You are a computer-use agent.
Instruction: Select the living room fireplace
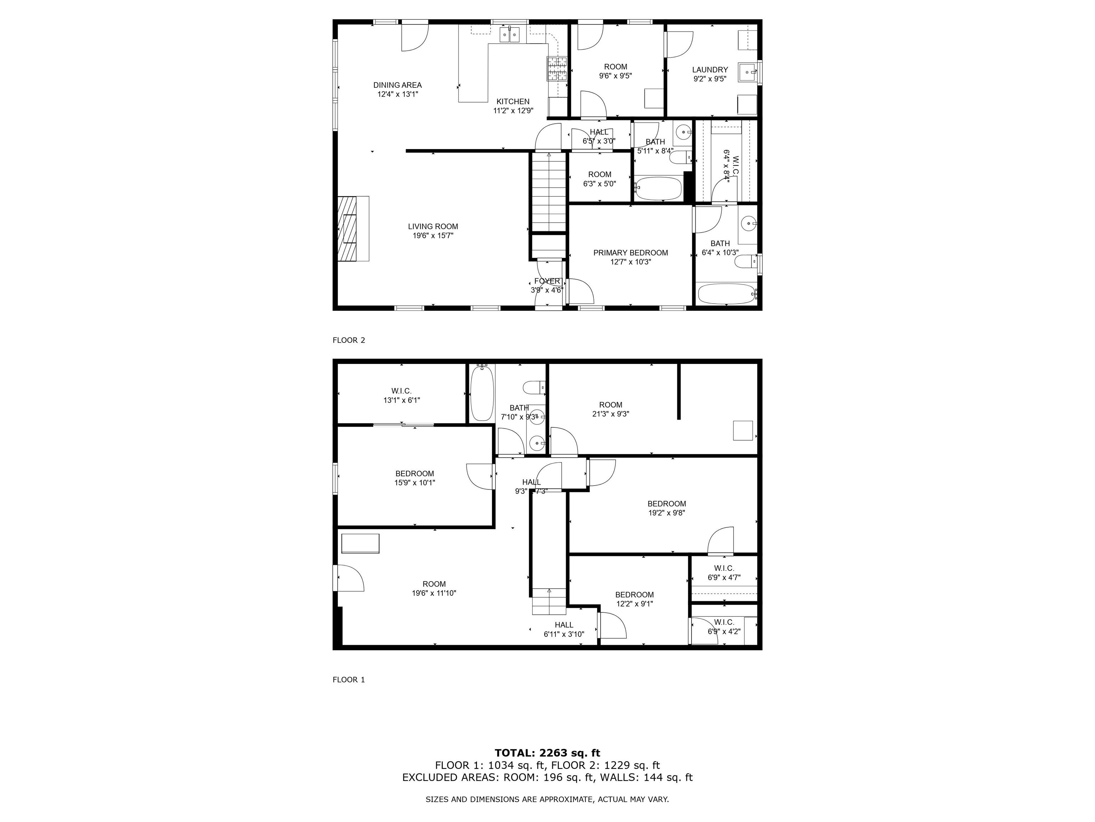(348, 228)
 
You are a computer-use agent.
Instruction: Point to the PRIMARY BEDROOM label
(631, 253)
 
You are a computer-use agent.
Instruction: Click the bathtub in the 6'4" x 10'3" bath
(726, 294)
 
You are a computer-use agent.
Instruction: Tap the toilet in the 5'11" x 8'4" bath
(679, 158)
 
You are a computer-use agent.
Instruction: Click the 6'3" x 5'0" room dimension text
(600, 184)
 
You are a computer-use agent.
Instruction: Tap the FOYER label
(547, 281)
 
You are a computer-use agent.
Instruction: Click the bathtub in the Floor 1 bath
(482, 393)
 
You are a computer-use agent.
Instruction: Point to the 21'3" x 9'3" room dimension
(610, 414)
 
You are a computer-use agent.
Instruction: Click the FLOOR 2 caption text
(349, 340)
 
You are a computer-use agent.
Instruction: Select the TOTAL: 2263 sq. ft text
(547, 753)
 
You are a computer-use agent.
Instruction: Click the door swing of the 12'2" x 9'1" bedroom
(614, 626)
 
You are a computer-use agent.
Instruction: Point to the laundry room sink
(747, 72)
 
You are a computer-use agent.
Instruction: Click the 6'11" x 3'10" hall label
(564, 629)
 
